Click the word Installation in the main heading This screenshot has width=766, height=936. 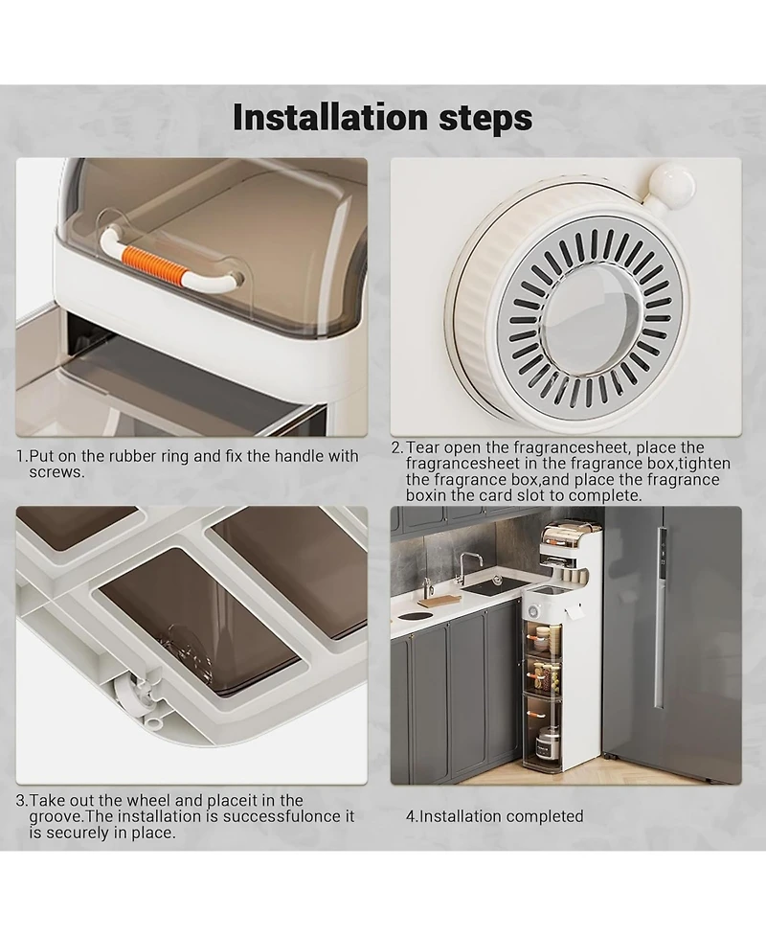click(331, 117)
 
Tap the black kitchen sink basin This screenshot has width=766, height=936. click(490, 588)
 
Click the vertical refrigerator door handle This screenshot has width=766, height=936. click(659, 618)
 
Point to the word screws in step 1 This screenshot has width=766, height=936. click(56, 472)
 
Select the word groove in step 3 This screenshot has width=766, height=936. click(54, 817)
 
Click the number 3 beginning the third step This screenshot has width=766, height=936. click(21, 801)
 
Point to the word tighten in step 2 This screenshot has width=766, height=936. click(704, 464)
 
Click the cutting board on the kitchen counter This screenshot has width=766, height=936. click(446, 599)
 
